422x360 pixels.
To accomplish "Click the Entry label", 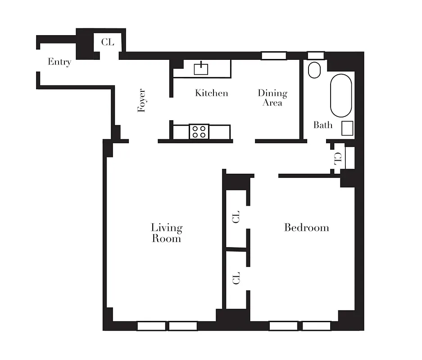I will (59, 62).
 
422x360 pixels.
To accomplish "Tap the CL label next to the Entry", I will (108, 42).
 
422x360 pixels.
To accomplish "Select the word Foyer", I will (142, 100).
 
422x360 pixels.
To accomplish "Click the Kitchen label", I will (211, 93).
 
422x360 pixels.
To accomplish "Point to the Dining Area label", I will (272, 98).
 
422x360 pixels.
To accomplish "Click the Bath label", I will (323, 125).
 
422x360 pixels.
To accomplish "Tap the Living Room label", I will (166, 233).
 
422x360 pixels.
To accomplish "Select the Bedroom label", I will (306, 227).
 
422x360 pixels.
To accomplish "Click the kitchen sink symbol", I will (200, 68).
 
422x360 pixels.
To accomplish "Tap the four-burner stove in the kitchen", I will (199, 131).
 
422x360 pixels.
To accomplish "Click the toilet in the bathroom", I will (314, 70).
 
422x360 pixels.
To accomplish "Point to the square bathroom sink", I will (347, 129).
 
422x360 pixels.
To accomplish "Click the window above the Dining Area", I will (274, 56).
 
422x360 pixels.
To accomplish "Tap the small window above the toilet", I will (315, 55).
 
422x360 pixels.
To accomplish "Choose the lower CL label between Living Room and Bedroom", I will (236, 278).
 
